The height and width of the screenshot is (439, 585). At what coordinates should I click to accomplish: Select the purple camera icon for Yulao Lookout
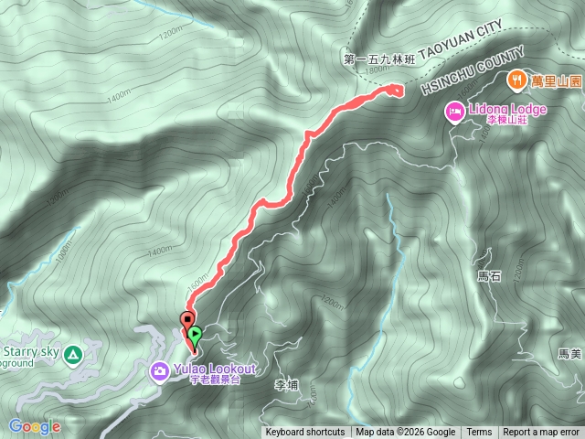coord(159,370)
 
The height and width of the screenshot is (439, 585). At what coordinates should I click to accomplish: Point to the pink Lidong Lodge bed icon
coord(453,112)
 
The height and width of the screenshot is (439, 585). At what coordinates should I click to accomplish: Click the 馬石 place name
coord(490,274)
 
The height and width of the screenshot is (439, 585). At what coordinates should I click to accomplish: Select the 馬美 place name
coord(569,353)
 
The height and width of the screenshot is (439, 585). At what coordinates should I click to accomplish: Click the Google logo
coord(34,426)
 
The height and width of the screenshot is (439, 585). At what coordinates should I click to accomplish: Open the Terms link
coord(479,433)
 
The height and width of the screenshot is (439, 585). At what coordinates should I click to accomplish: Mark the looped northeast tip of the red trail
coord(396,89)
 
